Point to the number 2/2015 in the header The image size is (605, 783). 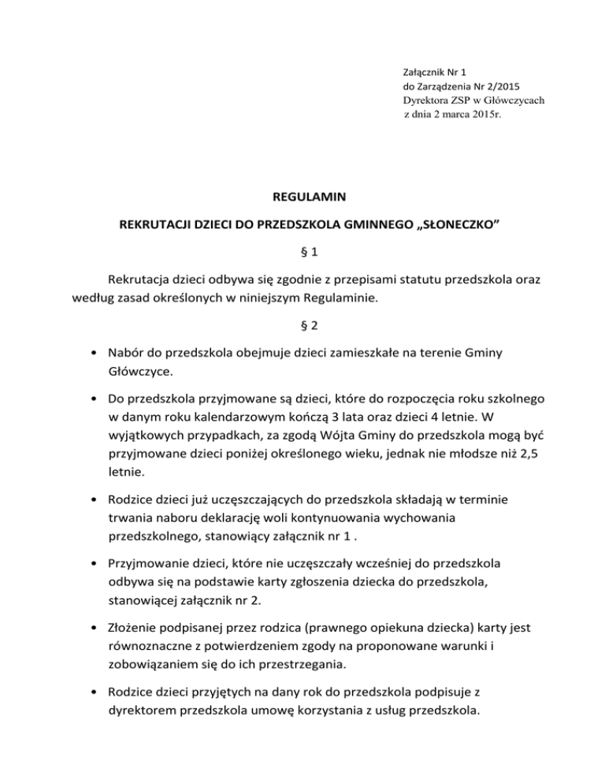(498, 86)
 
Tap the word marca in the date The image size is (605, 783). (455, 114)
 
